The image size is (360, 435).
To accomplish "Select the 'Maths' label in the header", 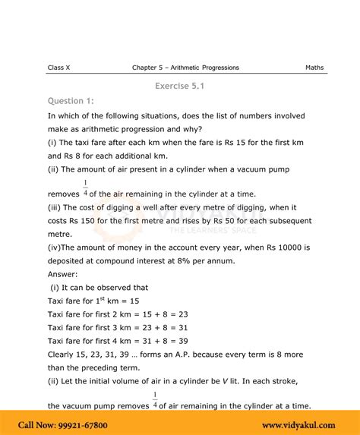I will (314, 68).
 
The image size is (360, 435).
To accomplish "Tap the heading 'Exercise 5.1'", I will (179, 86).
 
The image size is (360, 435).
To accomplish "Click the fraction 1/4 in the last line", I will (155, 401).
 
